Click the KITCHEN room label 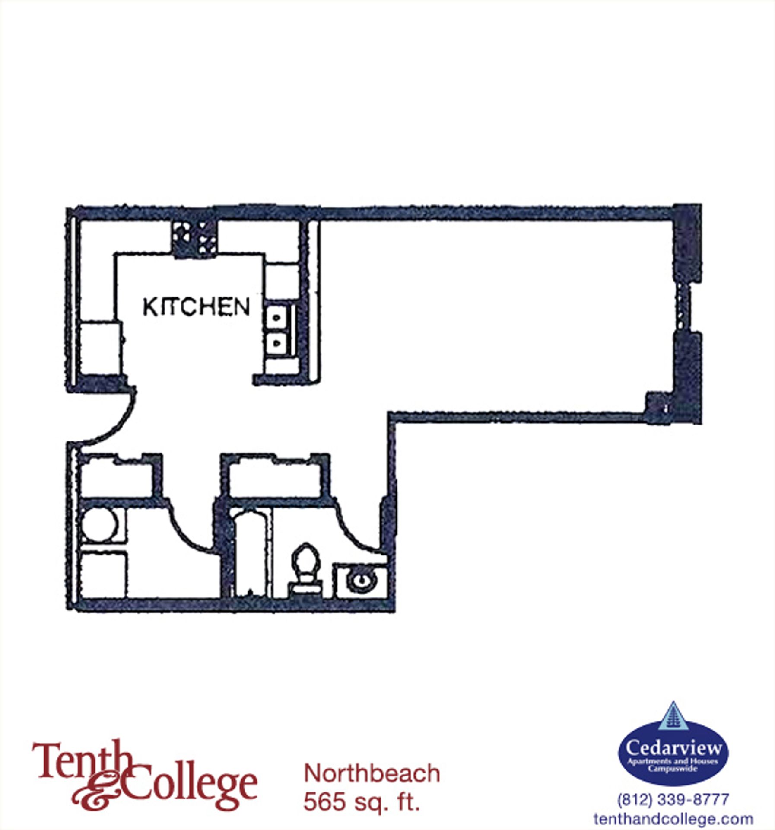pos(197,307)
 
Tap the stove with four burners pos(194,239)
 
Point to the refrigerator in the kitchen pos(100,348)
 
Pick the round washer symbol pos(100,525)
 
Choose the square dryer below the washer pos(104,575)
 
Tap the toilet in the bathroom pos(305,570)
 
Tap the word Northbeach pos(372,773)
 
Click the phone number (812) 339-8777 pos(673,799)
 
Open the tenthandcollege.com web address pos(673,818)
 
